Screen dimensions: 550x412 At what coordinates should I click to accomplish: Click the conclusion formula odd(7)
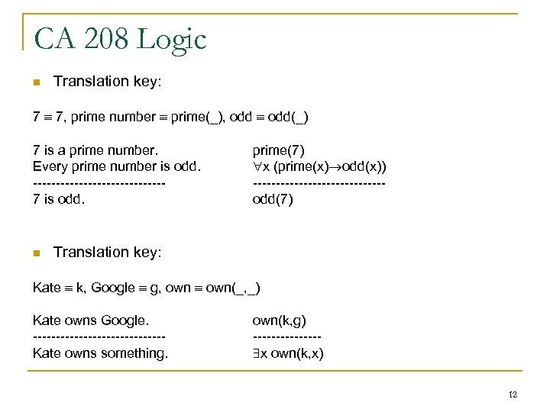272,200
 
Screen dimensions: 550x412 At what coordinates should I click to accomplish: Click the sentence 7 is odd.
60,200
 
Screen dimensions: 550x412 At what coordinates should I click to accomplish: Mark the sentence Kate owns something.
100,353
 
